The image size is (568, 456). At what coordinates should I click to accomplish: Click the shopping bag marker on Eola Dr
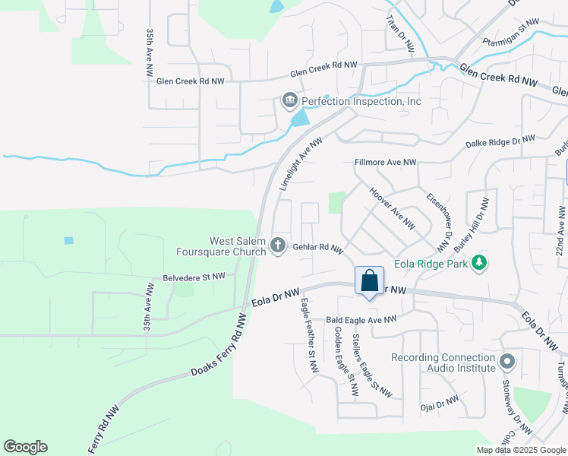click(369, 281)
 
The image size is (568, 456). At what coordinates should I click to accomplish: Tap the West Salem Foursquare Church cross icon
click(278, 245)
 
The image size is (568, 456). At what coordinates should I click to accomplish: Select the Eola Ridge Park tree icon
click(478, 263)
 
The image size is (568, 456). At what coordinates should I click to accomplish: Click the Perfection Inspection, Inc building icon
click(289, 100)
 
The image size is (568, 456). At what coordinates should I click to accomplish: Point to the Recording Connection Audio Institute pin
click(507, 360)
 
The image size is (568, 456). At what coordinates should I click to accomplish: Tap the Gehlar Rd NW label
click(318, 248)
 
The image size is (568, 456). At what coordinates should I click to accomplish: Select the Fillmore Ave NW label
click(386, 162)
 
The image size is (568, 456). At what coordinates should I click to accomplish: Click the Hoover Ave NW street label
click(392, 209)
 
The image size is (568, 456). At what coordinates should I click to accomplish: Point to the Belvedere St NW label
click(194, 277)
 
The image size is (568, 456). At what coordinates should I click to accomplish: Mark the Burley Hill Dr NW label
click(471, 223)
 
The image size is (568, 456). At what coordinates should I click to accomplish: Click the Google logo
click(25, 447)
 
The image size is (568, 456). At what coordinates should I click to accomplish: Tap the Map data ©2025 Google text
click(521, 450)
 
